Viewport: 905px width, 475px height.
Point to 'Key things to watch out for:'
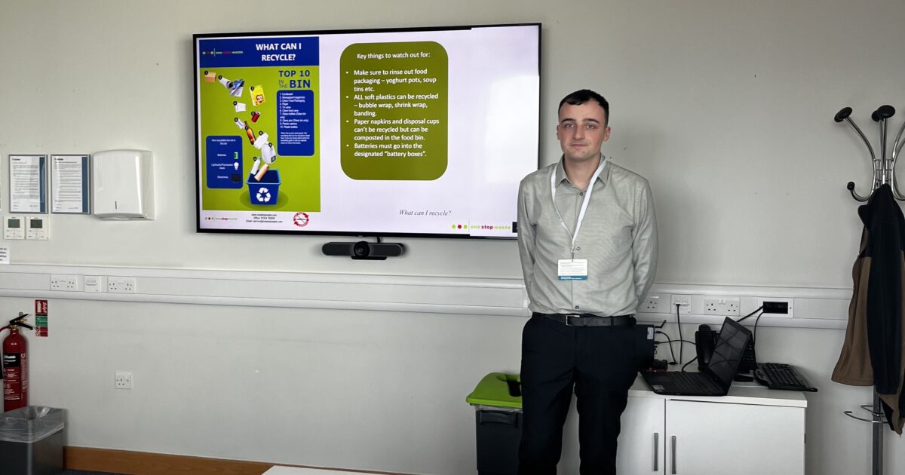[393, 56]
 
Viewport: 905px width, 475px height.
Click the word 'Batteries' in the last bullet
[369, 144]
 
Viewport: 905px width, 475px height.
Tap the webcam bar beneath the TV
[363, 249]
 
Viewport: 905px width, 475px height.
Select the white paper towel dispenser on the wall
[122, 184]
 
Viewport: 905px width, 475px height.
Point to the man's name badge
[572, 269]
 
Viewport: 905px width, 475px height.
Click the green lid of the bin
[494, 390]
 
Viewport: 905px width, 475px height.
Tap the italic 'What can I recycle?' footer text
[425, 213]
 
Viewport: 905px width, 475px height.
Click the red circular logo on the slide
[301, 219]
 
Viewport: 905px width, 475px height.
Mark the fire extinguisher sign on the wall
[41, 317]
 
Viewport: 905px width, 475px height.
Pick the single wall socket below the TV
[123, 380]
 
